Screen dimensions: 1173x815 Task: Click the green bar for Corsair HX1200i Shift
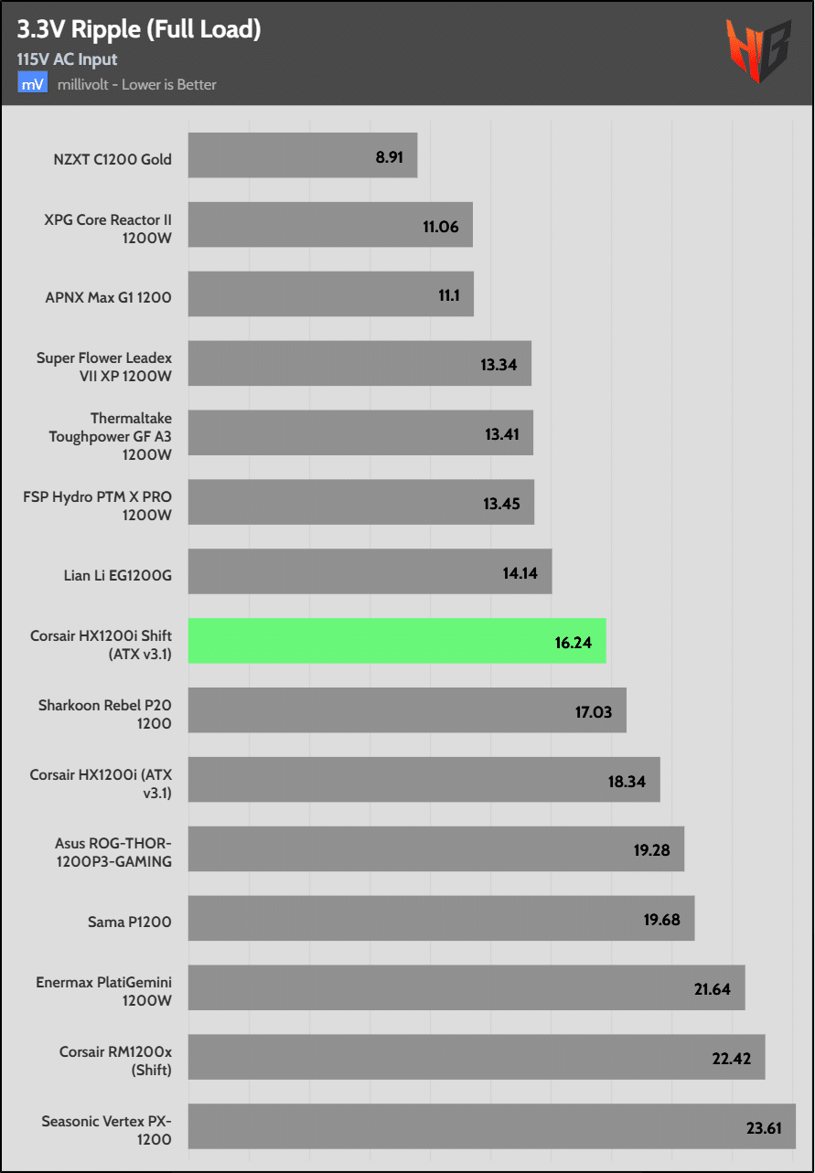pyautogui.click(x=397, y=641)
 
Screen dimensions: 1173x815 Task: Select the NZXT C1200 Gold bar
pyautogui.click(x=303, y=155)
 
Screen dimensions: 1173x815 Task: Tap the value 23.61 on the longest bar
pyautogui.click(x=764, y=1127)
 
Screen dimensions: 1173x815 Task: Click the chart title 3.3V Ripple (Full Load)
pyautogui.click(x=139, y=29)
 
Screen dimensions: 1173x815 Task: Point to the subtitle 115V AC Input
pyautogui.click(x=67, y=59)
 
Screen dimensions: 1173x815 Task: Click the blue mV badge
pyautogui.click(x=31, y=84)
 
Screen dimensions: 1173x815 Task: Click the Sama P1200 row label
pyautogui.click(x=131, y=921)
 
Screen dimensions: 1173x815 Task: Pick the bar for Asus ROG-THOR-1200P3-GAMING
pyautogui.click(x=436, y=849)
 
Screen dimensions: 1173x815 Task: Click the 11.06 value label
pyautogui.click(x=441, y=226)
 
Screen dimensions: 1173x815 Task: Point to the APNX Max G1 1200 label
pyautogui.click(x=108, y=297)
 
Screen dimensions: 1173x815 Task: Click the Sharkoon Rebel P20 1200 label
pyautogui.click(x=104, y=714)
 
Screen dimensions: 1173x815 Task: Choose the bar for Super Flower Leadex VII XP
pyautogui.click(x=359, y=364)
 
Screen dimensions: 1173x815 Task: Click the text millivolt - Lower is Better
pyautogui.click(x=136, y=85)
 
